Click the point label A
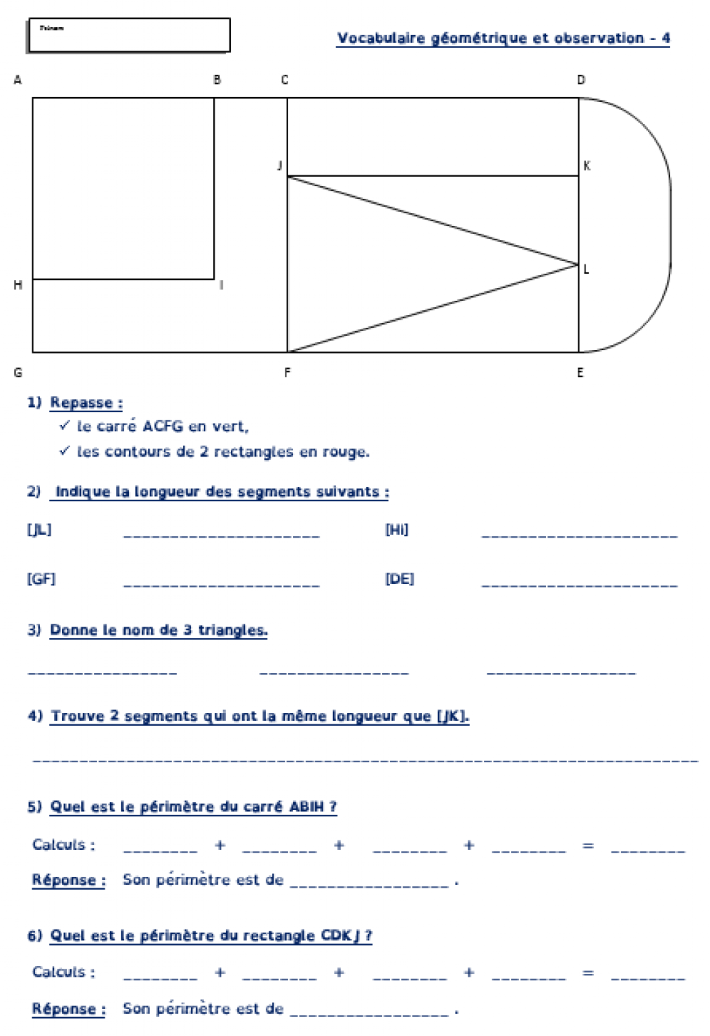(18, 80)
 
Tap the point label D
(581, 80)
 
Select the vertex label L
(586, 269)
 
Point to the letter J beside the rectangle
(279, 165)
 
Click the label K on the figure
(586, 165)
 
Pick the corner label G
(18, 372)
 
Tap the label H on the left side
(18, 285)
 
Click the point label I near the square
(221, 285)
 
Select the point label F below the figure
(288, 372)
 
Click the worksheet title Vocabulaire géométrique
(503, 38)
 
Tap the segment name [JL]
(39, 529)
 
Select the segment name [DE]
(400, 579)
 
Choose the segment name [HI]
(397, 529)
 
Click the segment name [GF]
(41, 579)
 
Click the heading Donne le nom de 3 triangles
(159, 630)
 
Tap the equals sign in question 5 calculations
(588, 845)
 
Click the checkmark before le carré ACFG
(65, 425)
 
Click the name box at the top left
(129, 35)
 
